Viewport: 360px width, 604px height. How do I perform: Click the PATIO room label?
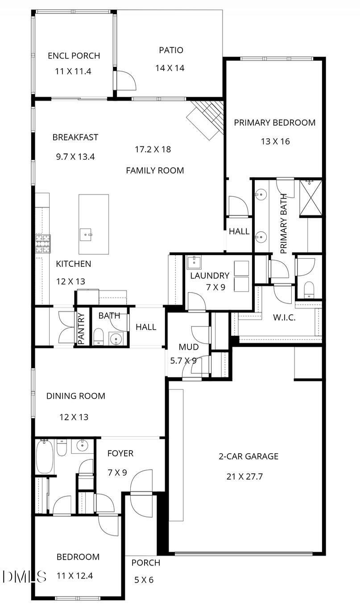171,50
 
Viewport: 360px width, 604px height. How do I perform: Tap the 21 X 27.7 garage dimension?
244,476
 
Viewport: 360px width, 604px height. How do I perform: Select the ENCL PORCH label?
74,56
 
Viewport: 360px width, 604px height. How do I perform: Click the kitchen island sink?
86,235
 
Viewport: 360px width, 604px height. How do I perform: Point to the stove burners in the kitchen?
43,244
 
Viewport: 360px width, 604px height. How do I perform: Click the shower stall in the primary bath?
310,198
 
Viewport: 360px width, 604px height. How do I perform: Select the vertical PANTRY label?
81,328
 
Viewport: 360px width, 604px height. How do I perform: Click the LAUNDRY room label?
210,276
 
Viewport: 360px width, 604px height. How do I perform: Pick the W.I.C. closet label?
284,317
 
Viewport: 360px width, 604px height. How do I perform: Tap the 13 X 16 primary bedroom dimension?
275,141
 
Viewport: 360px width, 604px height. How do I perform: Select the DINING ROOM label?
76,396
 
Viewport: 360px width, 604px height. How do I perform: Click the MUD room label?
189,347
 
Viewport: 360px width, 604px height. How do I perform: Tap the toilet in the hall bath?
99,336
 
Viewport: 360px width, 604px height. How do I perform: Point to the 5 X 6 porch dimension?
144,580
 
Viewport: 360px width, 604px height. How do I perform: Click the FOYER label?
120,453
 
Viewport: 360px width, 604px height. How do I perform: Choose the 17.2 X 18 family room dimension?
153,149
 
